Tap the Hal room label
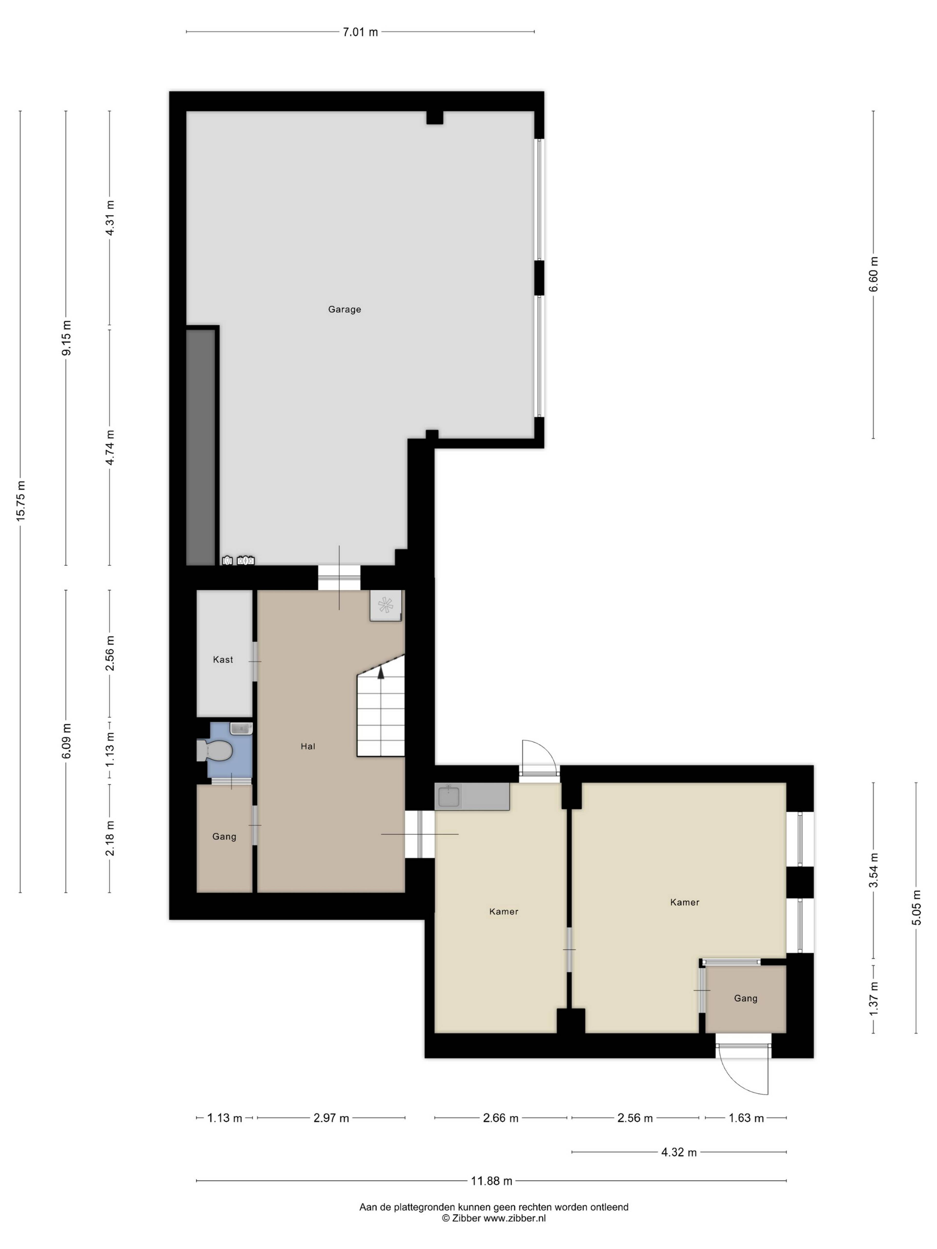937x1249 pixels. (x=308, y=746)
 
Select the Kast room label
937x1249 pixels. (x=223, y=660)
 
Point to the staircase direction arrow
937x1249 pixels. (x=381, y=672)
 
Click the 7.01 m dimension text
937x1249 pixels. (x=360, y=32)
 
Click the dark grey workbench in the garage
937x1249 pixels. (x=201, y=447)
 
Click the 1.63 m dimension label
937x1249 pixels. (x=746, y=1118)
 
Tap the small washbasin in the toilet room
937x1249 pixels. (x=241, y=728)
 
